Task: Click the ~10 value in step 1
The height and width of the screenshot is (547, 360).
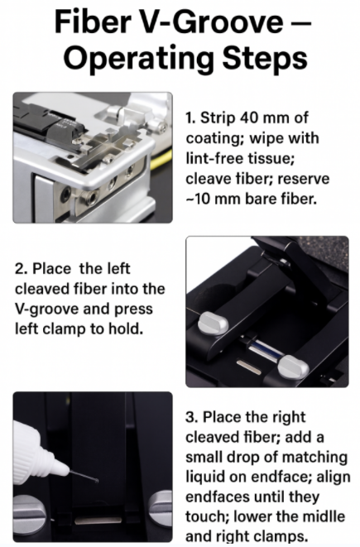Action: pos(198,199)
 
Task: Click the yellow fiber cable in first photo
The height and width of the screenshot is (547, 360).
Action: pos(161,160)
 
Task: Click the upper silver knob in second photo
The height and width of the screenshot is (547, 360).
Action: pos(214,323)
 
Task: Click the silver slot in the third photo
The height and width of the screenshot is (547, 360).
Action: pos(98,521)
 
